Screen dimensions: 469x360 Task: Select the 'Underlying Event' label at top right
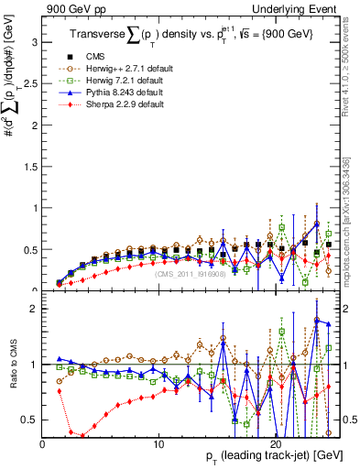click(x=299, y=8)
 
